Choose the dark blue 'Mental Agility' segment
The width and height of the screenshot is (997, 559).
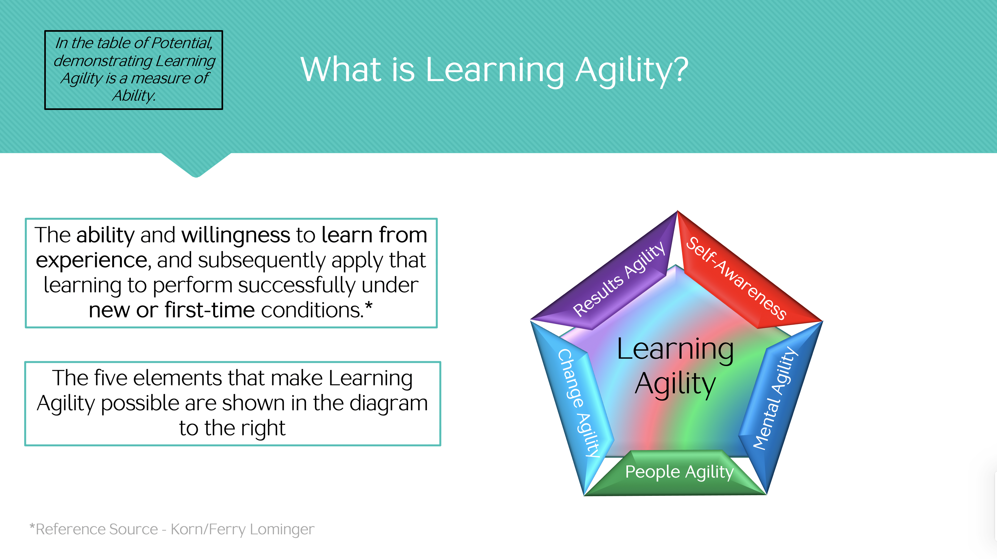778,402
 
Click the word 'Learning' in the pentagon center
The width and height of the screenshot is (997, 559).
675,350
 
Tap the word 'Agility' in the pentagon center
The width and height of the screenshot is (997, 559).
675,384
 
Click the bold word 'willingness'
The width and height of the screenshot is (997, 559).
236,235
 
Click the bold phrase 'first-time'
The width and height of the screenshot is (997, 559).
209,310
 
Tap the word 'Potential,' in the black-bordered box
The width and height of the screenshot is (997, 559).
182,43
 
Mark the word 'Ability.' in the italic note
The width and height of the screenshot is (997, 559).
134,96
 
